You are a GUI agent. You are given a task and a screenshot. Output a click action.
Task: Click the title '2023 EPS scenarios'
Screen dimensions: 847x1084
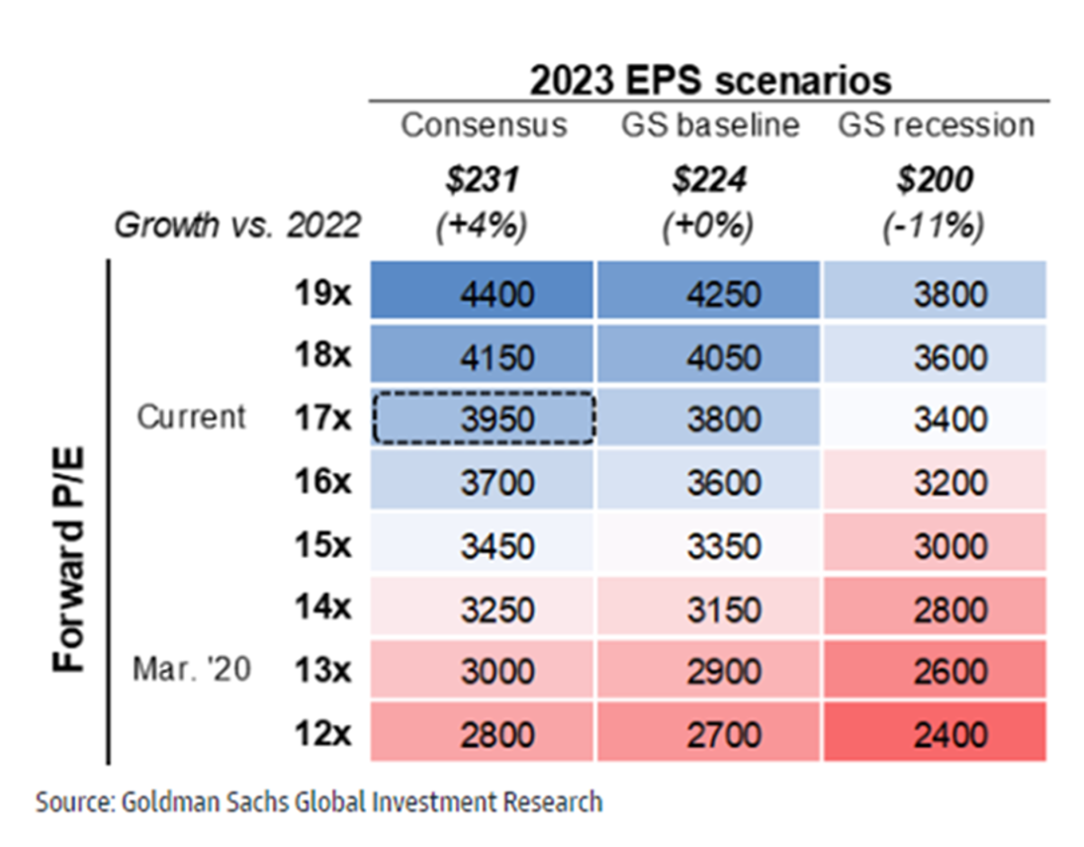coord(710,79)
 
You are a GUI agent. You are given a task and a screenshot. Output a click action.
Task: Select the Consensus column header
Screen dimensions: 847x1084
coord(484,126)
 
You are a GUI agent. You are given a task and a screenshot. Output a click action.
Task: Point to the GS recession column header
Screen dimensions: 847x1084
coord(936,126)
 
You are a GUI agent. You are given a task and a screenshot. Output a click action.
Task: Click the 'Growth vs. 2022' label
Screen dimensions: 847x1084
coord(237,227)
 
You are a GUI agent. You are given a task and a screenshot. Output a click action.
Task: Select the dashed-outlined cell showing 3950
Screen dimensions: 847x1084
coord(484,419)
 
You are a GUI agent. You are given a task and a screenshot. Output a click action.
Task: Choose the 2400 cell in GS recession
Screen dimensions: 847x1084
coord(936,735)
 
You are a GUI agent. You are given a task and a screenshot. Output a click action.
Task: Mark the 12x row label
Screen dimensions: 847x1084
coord(323,735)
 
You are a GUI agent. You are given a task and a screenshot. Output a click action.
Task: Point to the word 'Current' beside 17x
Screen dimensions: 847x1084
coord(191,417)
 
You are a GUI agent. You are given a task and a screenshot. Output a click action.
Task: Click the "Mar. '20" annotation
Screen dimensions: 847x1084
coord(192,670)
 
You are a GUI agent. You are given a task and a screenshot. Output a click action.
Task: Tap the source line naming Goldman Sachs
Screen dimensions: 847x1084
coord(318,801)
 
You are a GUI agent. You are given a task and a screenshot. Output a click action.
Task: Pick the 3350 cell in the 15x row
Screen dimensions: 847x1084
coord(707,545)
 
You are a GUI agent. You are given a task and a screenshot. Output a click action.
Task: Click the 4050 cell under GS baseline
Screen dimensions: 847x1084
coord(707,354)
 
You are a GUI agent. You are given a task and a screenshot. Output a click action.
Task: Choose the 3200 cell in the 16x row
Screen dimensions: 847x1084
coord(936,482)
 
